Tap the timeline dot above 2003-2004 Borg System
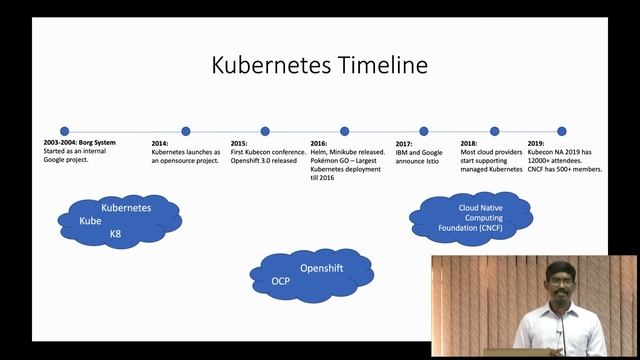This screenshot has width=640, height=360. tap(65, 131)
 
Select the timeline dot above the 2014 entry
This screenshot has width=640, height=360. tap(185, 131)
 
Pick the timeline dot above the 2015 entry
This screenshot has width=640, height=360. tap(265, 131)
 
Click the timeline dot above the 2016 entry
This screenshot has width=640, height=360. tap(345, 131)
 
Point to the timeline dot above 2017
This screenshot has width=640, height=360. tap(424, 131)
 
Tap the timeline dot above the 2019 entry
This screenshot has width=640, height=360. tap(561, 131)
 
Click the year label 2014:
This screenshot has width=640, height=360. tap(160, 143)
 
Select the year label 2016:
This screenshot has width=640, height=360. tap(319, 143)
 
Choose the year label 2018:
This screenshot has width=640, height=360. tap(469, 143)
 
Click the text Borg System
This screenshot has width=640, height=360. tap(97, 143)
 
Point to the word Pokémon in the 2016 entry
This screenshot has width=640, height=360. tap(327, 161)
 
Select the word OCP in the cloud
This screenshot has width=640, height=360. tap(281, 282)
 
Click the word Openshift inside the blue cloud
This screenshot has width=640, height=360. tap(322, 269)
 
